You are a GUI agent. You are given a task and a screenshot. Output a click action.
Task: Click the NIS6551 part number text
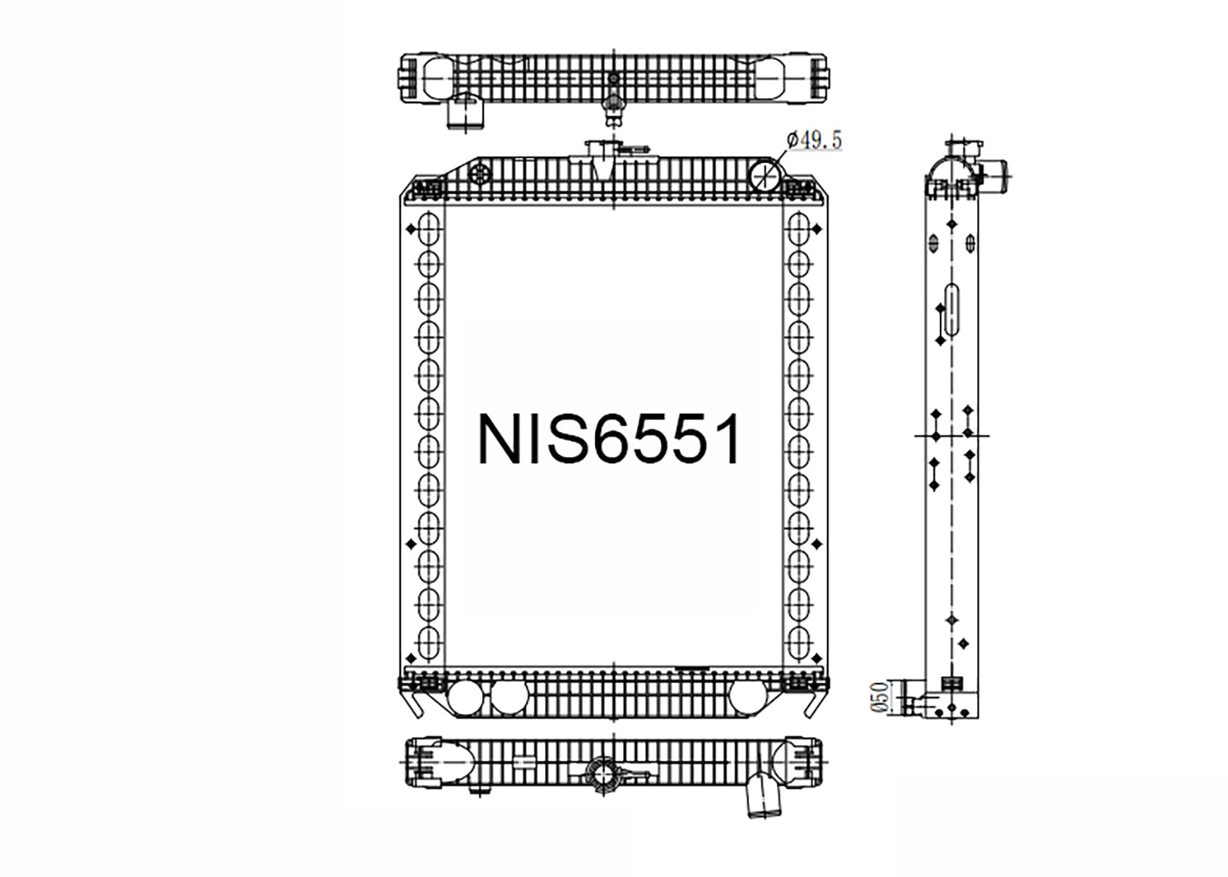[609, 439]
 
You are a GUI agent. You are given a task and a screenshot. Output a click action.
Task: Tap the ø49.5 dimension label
[814, 140]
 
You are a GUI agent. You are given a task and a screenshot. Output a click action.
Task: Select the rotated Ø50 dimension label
[879, 697]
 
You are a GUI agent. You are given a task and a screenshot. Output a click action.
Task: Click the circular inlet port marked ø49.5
[765, 175]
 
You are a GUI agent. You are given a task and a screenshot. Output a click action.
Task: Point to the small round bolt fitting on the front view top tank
[480, 174]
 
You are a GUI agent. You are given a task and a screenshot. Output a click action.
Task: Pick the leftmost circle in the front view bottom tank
[465, 697]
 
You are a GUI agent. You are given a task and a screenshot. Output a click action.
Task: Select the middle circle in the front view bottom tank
[509, 697]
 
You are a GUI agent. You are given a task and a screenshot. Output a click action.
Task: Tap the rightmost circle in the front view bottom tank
[747, 697]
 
